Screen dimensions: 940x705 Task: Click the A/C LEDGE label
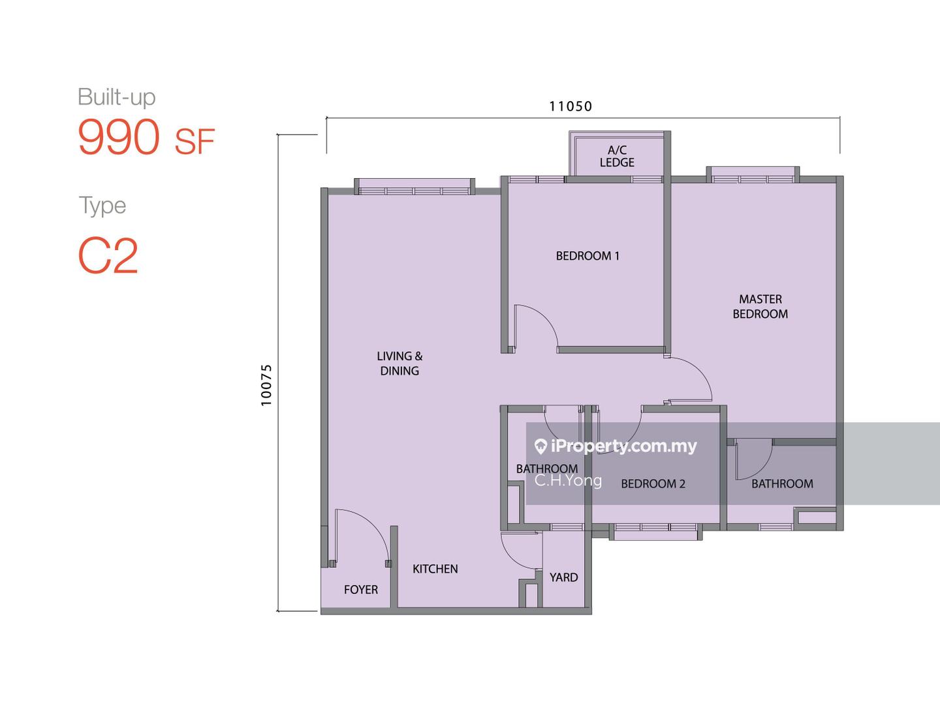617,156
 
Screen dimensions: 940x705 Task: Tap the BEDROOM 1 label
587,256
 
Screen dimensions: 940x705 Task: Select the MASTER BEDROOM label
760,307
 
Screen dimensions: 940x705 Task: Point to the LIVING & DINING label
399,364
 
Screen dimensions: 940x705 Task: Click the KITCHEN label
435,569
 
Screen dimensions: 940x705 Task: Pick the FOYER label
361,590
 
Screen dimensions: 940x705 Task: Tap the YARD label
563,578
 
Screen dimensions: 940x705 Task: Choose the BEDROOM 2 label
653,484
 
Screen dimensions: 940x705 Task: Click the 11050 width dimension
571,106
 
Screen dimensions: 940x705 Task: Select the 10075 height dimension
266,385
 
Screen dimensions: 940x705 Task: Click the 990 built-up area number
119,137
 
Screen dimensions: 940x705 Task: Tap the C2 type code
108,255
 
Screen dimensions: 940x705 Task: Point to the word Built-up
116,97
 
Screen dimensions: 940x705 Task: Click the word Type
102,206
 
